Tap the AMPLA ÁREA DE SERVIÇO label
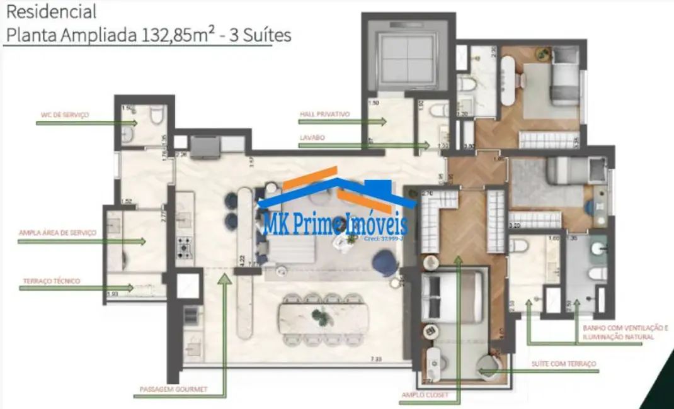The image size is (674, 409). pos(66,233)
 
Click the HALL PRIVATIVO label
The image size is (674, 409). pos(324,115)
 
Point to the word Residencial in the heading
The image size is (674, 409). pos(50,11)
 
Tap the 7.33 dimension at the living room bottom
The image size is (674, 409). pos(376,359)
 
